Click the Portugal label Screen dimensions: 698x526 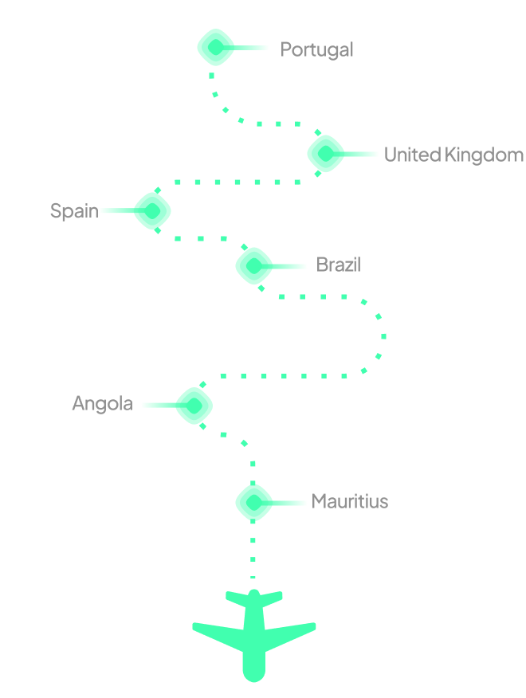316,49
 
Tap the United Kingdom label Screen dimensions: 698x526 453,155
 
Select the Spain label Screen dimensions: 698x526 74,211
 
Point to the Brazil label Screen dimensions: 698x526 338,265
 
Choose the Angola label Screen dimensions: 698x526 102,403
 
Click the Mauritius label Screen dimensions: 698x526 350,501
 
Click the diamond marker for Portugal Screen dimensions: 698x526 215,48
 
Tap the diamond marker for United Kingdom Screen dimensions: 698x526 326,154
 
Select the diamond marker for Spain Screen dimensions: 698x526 152,211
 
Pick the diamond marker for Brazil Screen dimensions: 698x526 254,265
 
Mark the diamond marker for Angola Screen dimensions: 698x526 194,405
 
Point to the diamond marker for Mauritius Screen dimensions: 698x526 254,502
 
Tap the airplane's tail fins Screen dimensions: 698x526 254,597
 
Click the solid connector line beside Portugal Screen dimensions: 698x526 252,48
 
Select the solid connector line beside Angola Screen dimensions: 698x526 158,405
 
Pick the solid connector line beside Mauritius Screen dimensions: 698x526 289,503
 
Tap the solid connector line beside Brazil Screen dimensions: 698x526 289,266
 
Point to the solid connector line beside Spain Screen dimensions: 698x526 117,211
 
